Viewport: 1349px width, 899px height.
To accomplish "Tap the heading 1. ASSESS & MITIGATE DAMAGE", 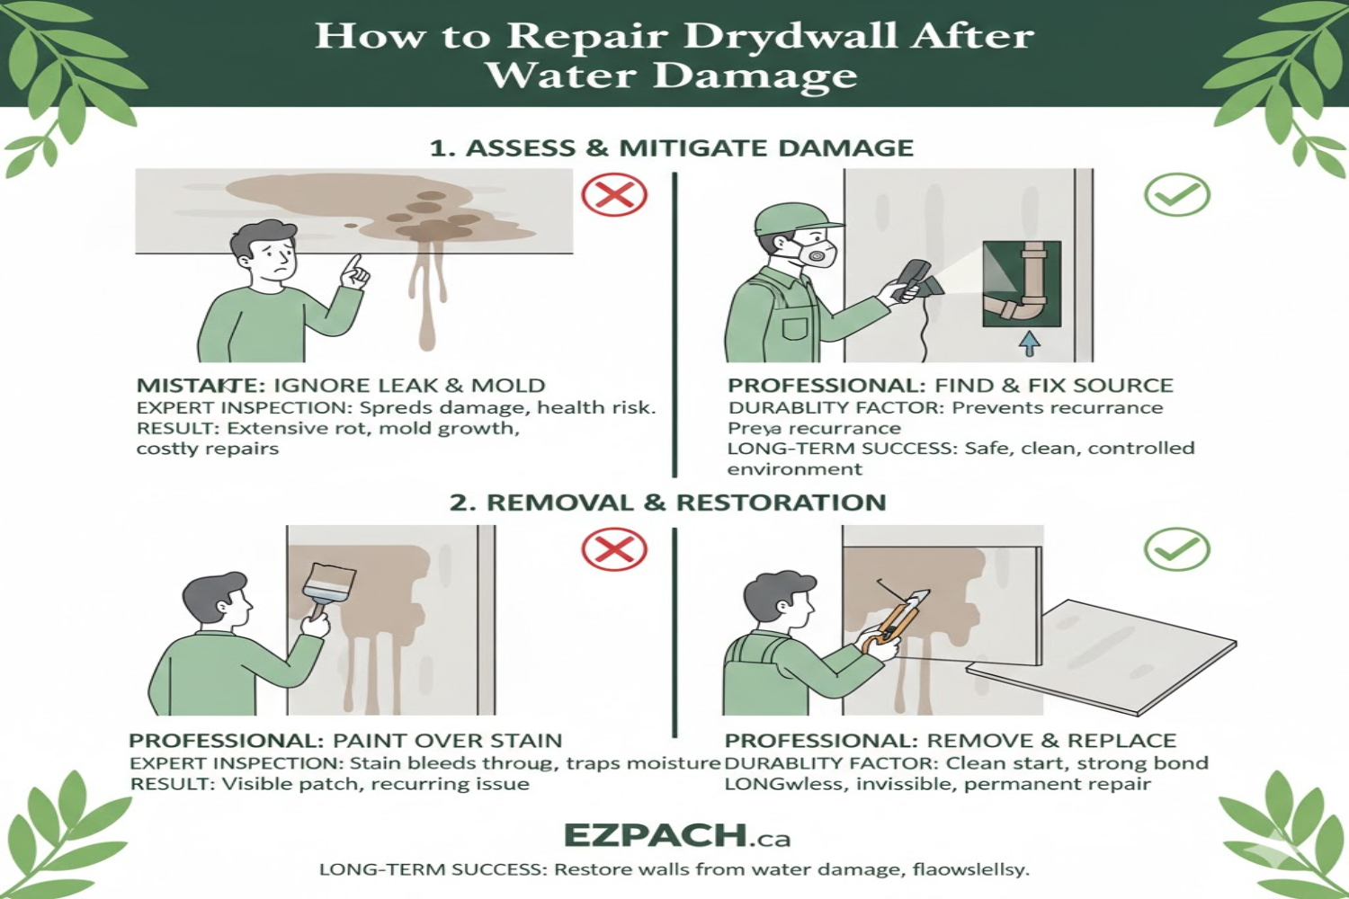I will [x=671, y=148].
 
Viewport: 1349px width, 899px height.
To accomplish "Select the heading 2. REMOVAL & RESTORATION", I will [x=668, y=503].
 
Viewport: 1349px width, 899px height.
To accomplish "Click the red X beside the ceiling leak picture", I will [x=614, y=195].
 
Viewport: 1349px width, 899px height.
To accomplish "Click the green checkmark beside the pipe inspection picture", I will [x=1176, y=195].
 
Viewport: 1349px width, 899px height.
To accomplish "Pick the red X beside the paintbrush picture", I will [x=614, y=549].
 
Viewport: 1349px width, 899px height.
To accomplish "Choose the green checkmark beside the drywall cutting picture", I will [x=1176, y=549].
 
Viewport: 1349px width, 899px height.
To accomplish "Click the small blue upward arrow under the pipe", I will [x=1030, y=343].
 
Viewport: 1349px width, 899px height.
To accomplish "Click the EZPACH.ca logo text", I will [x=676, y=836].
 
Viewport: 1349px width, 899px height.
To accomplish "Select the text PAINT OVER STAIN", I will [x=447, y=741].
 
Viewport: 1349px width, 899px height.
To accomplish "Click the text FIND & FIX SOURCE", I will [x=1053, y=386].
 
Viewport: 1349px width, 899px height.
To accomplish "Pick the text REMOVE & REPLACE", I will [x=1050, y=741].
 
